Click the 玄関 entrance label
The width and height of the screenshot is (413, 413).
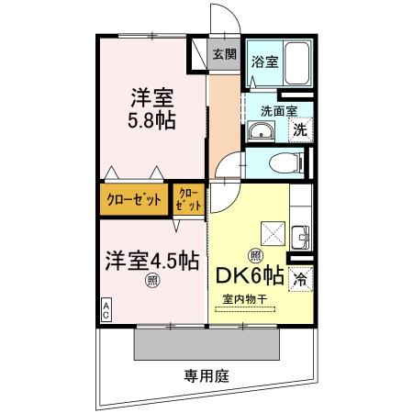[x=225, y=54]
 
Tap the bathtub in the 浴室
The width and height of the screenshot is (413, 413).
[x=296, y=63]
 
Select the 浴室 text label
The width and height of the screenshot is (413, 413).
[x=265, y=61]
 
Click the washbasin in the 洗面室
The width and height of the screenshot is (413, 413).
[x=261, y=131]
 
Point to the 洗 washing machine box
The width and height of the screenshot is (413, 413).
[x=300, y=130]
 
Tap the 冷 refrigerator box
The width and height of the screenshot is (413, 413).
[x=300, y=279]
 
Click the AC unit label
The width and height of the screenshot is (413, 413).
[x=106, y=310]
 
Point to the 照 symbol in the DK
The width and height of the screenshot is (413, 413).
[x=255, y=256]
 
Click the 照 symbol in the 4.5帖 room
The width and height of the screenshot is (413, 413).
[x=152, y=280]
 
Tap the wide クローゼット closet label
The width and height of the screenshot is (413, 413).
[x=134, y=200]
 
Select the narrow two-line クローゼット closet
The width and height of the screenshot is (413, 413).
[x=189, y=199]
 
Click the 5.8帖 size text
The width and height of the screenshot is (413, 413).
[x=151, y=120]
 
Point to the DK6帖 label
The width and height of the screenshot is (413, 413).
[x=250, y=275]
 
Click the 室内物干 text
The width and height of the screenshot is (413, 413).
[x=245, y=298]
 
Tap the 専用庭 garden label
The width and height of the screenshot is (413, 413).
[x=206, y=375]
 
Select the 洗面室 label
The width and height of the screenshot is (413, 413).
[x=279, y=111]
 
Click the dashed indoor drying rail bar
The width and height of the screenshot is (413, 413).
[x=245, y=309]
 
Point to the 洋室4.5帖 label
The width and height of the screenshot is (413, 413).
[x=152, y=262]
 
